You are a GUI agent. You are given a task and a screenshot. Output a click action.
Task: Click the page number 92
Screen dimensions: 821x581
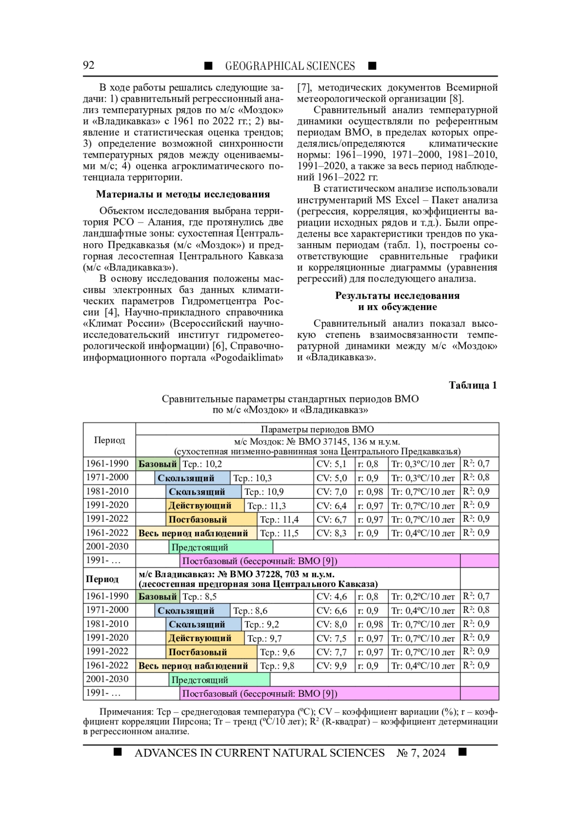point(89,65)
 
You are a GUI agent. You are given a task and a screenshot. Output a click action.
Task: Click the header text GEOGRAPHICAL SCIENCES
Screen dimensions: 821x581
point(290,66)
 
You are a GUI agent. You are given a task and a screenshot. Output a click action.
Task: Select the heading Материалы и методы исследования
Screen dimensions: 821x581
point(183,194)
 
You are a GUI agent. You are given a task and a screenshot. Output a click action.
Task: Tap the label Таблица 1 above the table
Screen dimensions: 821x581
point(473,385)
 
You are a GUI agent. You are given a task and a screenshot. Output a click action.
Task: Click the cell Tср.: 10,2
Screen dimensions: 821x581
point(202,464)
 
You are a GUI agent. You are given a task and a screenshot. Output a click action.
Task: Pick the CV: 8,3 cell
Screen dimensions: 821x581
point(332,533)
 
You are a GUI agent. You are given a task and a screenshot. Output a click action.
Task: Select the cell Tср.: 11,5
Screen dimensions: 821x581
point(279,533)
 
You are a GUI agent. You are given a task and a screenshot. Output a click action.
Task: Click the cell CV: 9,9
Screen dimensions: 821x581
point(332,666)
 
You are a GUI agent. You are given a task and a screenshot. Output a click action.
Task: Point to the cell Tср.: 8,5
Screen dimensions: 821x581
point(199,597)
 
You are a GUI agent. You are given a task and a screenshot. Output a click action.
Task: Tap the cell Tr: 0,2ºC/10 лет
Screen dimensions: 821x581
point(423,597)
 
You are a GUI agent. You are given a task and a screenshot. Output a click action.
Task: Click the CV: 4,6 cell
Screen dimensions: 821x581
point(332,597)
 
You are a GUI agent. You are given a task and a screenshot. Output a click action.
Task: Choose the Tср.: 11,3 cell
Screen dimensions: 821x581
point(267,506)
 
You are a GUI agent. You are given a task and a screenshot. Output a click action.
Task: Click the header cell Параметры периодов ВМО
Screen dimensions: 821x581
point(317,429)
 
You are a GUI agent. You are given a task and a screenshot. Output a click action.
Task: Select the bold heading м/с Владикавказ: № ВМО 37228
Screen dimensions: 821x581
point(236,574)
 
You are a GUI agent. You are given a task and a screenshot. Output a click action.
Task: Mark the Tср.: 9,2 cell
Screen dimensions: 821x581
point(262,624)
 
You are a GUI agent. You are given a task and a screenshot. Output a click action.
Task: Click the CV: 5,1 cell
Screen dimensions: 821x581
point(332,464)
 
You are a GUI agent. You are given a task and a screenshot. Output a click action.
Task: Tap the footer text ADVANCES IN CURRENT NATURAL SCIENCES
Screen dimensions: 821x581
point(260,753)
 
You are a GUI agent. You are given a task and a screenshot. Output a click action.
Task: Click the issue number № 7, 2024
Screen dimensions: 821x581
point(421,753)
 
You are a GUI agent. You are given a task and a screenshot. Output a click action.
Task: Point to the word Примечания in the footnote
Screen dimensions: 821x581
point(126,712)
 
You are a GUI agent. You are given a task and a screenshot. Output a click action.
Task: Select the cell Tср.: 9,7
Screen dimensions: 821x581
point(265,638)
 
